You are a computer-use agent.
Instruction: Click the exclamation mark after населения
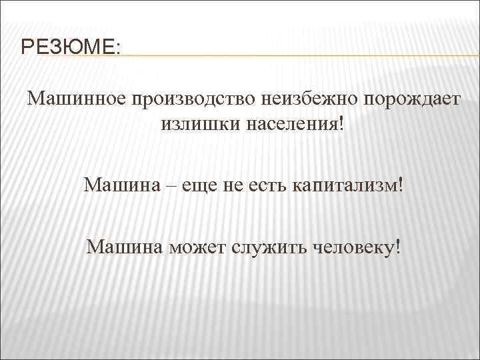point(344,123)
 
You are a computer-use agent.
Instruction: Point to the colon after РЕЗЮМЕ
point(119,49)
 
